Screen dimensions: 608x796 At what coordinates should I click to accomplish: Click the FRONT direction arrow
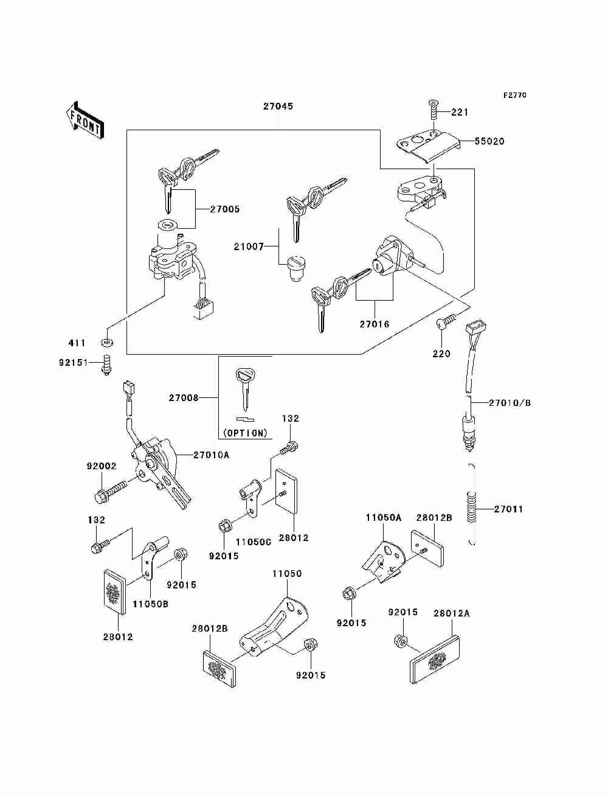point(85,120)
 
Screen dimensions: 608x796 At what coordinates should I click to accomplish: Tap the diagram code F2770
point(514,96)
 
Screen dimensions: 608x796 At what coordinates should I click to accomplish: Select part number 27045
point(278,106)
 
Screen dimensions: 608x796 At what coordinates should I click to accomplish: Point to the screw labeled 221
point(433,111)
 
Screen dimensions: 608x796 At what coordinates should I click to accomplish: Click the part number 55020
point(489,141)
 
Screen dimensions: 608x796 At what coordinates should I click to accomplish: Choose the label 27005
point(224,209)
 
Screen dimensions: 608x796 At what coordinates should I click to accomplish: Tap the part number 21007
point(249,247)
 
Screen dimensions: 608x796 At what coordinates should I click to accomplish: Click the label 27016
point(375,324)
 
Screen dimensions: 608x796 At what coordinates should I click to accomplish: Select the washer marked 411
point(106,341)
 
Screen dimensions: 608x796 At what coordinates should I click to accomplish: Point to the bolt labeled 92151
point(106,364)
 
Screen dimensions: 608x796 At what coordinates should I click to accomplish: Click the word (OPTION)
point(245,433)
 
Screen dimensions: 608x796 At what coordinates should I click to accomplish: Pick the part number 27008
point(184,398)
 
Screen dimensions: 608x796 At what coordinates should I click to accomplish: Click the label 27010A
point(211,455)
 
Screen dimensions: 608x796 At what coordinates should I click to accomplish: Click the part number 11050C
point(254,542)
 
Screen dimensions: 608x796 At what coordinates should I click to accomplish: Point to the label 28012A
point(452,613)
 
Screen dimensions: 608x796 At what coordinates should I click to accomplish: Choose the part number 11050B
point(150,604)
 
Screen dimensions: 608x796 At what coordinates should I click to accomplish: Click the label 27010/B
point(510,403)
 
